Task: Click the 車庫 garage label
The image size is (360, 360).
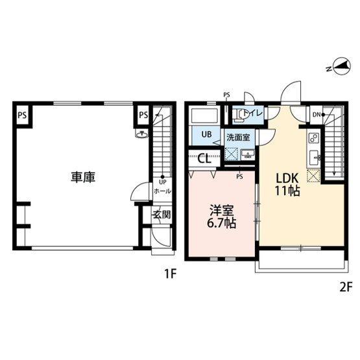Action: tap(83, 176)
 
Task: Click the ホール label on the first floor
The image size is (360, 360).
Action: tap(162, 192)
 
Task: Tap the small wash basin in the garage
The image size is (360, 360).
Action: tap(141, 134)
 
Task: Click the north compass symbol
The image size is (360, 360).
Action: tap(339, 67)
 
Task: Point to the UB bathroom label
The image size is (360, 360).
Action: tap(206, 135)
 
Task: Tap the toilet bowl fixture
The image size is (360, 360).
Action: tap(241, 115)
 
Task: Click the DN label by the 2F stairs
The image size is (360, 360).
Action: tap(317, 115)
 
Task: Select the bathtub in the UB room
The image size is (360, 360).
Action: tap(206, 117)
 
